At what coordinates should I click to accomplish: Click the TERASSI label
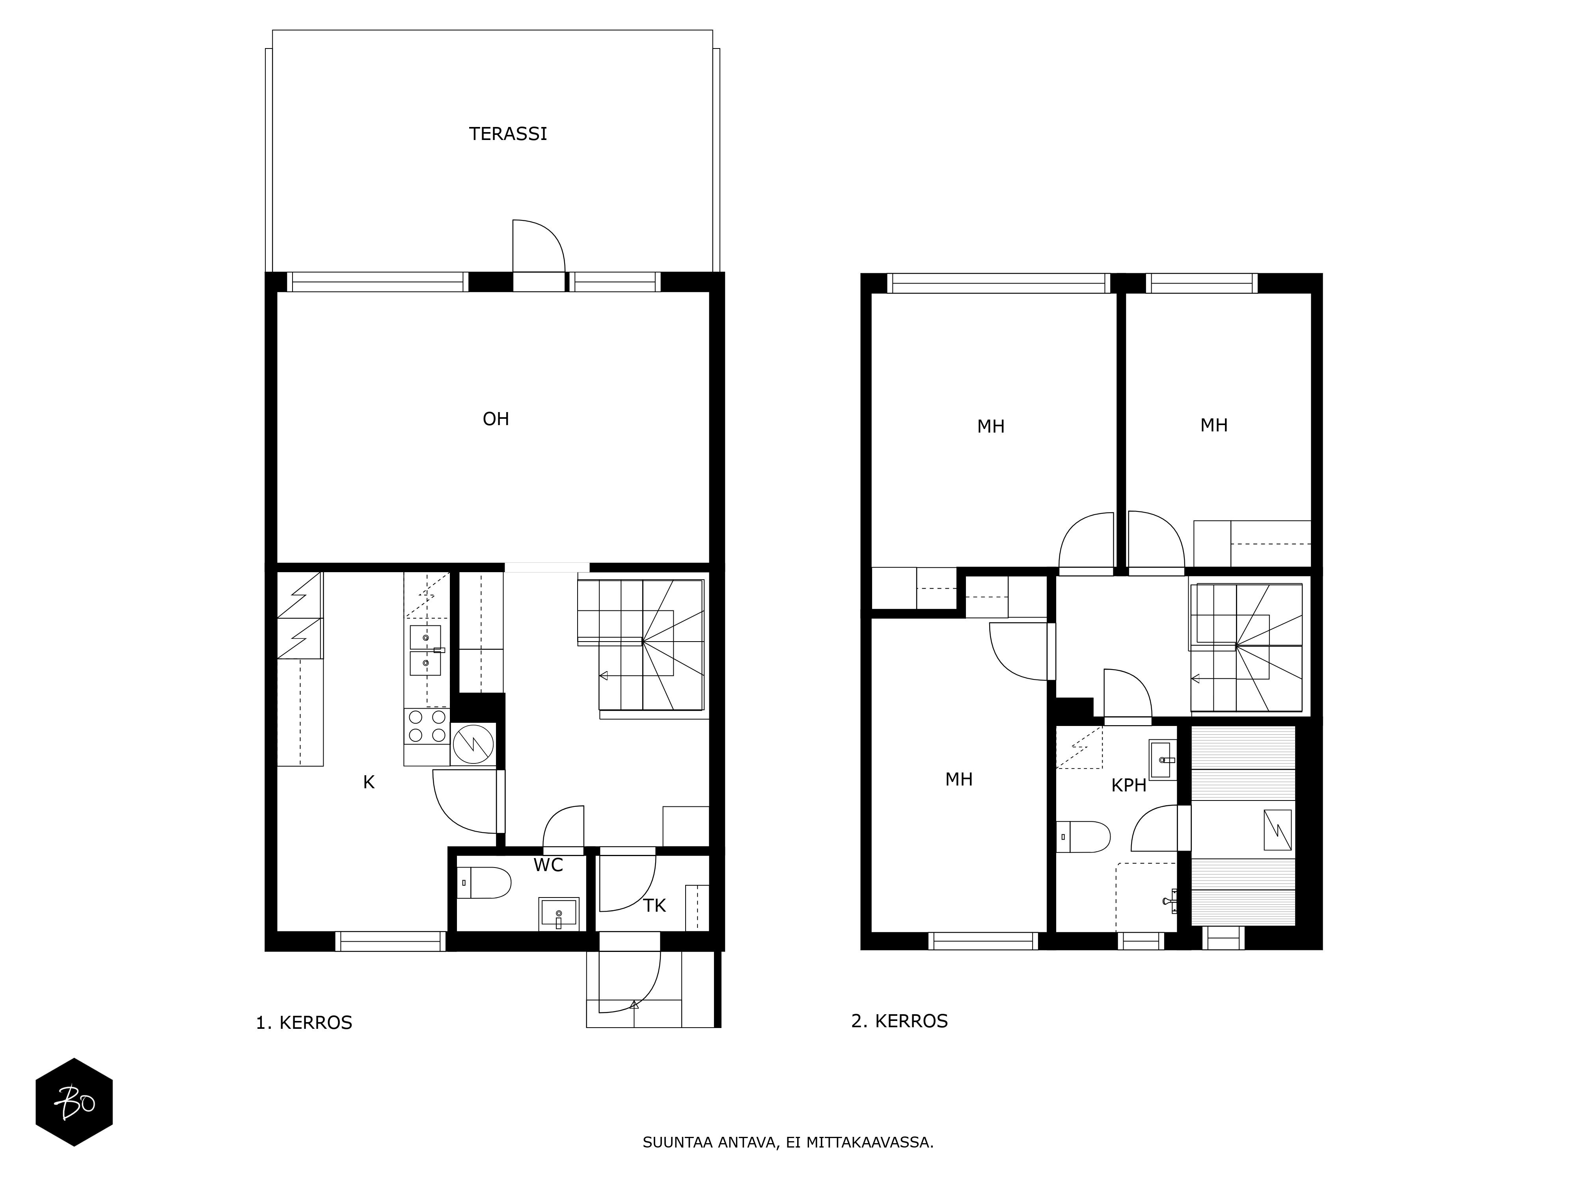coord(508,134)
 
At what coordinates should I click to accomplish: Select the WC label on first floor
coord(548,865)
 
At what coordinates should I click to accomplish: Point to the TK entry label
coord(654,906)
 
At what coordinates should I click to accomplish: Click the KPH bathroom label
coord(1129,786)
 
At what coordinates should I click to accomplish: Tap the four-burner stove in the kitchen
coord(426,726)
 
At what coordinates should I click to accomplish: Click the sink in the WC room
coord(558,913)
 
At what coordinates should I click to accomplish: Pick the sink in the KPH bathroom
coord(1162,760)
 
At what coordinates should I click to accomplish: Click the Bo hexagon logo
coord(74,1102)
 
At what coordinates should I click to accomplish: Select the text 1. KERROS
coord(304,1023)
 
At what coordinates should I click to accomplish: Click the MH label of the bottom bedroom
coord(959,779)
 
